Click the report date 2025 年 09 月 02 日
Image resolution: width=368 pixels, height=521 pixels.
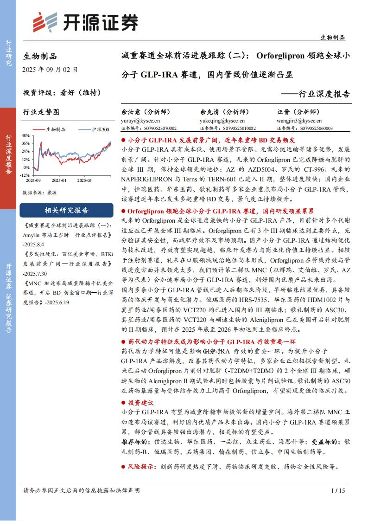[x=50, y=70]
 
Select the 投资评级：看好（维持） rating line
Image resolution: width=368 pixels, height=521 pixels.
[x=62, y=92]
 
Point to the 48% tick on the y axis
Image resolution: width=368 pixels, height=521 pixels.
[x=26, y=135]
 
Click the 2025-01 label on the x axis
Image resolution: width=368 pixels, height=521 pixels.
[x=59, y=180]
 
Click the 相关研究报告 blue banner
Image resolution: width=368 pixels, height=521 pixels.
[x=66, y=210]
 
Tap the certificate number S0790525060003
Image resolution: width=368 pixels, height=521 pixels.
[x=316, y=128]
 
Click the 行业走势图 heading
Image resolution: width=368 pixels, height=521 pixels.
[x=41, y=112]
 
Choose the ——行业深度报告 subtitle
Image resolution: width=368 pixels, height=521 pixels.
[x=316, y=94]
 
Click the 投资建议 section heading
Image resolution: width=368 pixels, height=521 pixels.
[x=140, y=403]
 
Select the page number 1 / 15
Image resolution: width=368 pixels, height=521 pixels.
[x=338, y=490]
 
